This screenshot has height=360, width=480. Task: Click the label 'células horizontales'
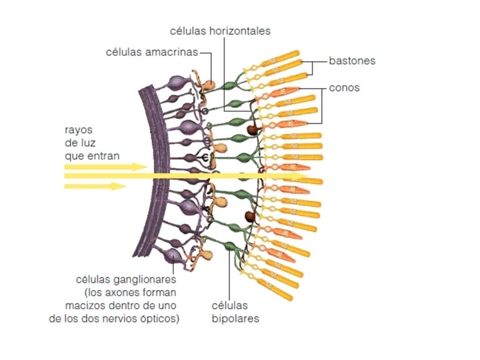click(221, 31)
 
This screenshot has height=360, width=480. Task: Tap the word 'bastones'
click(352, 61)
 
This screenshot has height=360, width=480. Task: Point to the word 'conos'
click(344, 87)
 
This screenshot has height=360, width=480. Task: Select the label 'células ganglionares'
click(126, 279)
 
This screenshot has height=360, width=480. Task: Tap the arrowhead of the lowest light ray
click(125, 186)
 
